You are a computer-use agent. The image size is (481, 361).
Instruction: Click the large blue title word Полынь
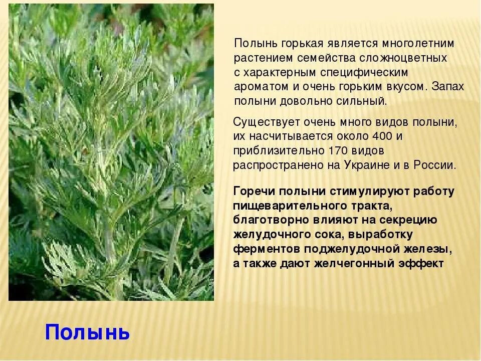tap(87, 332)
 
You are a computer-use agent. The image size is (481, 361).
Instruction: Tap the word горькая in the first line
tap(301, 44)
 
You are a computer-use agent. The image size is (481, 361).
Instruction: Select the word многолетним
tap(418, 44)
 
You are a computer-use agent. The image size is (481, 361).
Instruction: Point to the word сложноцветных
tap(403, 58)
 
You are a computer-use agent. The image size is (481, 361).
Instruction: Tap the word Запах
tap(447, 86)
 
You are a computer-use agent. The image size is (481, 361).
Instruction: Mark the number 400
tap(382, 136)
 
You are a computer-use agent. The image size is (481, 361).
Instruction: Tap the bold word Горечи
tap(254, 191)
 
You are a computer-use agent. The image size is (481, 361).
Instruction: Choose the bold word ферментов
tap(267, 249)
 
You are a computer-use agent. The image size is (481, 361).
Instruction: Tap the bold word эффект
tap(421, 264)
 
